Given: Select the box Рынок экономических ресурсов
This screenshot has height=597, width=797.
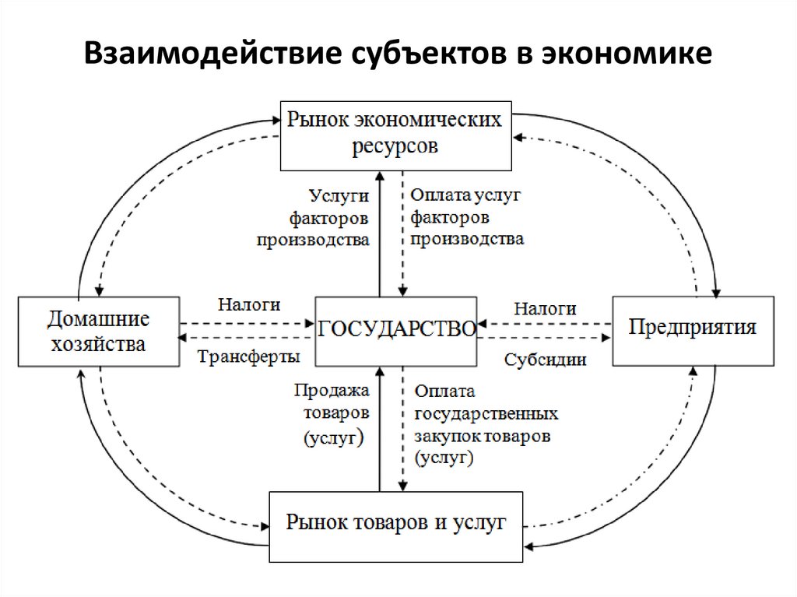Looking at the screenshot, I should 395,135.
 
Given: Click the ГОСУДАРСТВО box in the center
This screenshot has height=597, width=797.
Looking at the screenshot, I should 396,331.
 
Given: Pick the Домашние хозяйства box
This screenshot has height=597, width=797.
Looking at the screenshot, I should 97,331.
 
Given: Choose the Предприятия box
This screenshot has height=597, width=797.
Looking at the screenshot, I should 693,328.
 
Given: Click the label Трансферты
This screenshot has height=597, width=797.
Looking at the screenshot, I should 248,357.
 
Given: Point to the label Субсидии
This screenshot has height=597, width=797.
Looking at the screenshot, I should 545,360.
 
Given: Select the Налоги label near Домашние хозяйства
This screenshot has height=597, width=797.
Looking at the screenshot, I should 249,306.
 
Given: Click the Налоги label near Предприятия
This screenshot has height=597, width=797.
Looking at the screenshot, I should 545,309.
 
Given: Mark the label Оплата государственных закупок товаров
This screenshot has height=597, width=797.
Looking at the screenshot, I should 483,423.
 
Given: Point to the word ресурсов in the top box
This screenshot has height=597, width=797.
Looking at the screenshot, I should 395,146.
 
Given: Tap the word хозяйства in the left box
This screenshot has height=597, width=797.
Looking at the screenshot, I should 97,343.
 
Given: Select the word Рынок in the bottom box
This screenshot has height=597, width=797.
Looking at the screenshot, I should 316,521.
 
